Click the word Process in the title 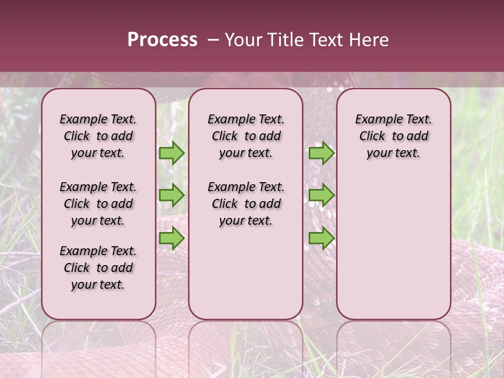tap(162, 40)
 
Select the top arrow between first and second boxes tap(172, 153)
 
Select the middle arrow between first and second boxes tap(172, 195)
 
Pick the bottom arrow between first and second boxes tap(172, 238)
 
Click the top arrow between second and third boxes tap(321, 153)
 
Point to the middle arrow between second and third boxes tap(321, 195)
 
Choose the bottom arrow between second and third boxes tap(321, 238)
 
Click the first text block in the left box tap(98, 136)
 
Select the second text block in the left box tap(98, 204)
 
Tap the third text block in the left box tap(98, 268)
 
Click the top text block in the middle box tap(246, 136)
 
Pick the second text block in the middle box tap(246, 204)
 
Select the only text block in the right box tap(393, 136)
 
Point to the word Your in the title tap(244, 40)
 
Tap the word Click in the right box tap(372, 136)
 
